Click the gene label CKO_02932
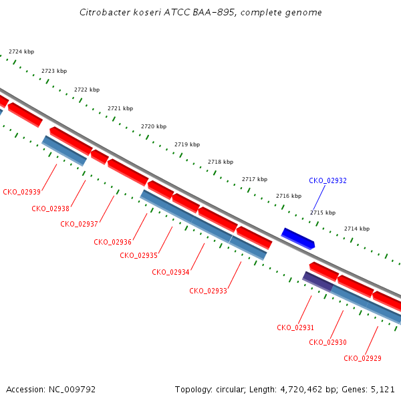point(327,181)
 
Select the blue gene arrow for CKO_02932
point(298,239)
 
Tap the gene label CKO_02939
point(22,192)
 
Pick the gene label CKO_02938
point(50,209)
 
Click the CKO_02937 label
point(79,225)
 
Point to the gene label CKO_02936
point(112,242)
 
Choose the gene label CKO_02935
point(138,255)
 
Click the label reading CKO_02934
point(170,272)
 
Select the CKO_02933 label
point(208,291)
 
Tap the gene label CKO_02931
point(295,328)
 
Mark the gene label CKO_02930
point(327,342)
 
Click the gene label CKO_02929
point(362,358)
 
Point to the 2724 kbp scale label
point(21,51)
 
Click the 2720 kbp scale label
point(154,126)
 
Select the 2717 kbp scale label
point(255,179)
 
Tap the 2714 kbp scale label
point(357,229)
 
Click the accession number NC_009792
point(72,390)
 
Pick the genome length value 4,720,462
point(301,390)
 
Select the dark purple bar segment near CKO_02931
point(318,282)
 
